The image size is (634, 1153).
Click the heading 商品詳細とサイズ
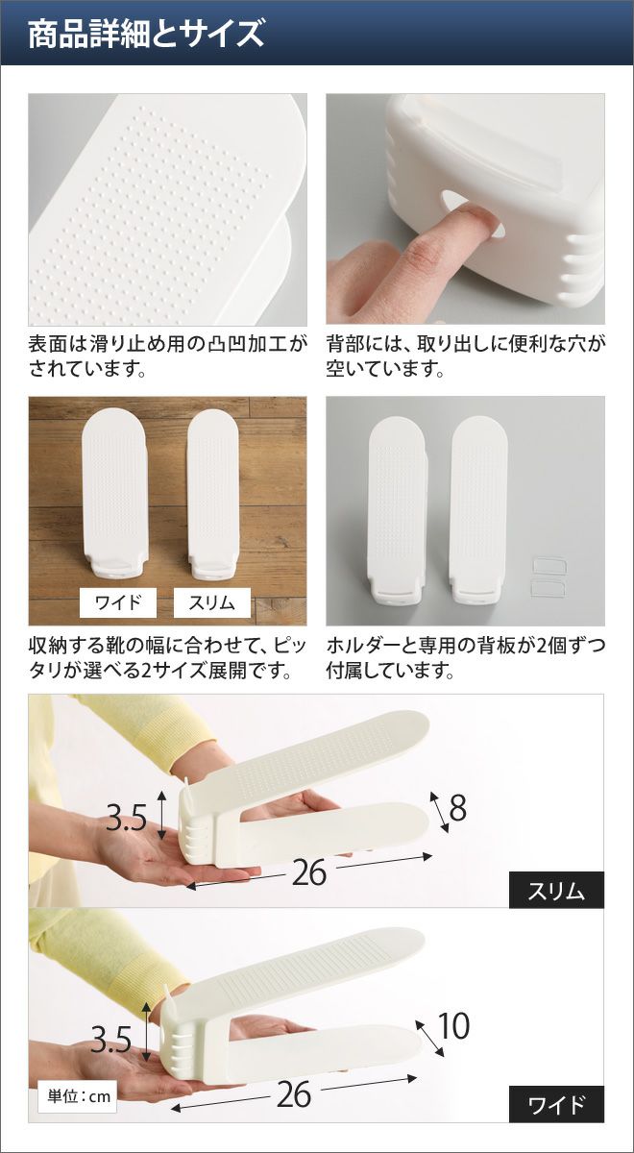(146, 34)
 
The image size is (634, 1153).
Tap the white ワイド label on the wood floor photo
(118, 602)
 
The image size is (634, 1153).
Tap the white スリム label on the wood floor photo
(211, 602)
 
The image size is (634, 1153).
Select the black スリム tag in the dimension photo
(556, 890)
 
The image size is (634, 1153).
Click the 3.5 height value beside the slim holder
(127, 817)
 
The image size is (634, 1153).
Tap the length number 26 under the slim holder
(309, 872)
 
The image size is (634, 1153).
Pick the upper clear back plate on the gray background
(549, 567)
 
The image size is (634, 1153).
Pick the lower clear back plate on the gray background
(549, 588)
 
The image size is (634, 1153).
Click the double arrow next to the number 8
(440, 812)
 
